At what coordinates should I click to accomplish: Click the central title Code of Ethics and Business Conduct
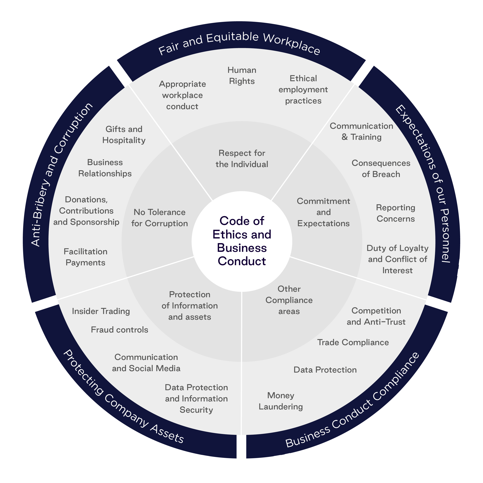click(x=242, y=241)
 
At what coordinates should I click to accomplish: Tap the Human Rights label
click(x=242, y=76)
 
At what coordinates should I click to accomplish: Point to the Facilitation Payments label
click(x=85, y=257)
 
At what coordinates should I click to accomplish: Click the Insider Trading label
click(x=101, y=311)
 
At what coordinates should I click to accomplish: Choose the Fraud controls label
click(x=120, y=330)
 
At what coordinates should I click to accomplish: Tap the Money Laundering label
click(x=281, y=401)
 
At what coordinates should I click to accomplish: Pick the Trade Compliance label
click(x=353, y=342)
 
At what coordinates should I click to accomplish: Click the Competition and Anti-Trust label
click(x=376, y=316)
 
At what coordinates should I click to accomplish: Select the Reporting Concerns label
click(x=396, y=213)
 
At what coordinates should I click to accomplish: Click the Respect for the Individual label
click(x=242, y=159)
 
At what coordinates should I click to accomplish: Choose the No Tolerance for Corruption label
click(x=160, y=218)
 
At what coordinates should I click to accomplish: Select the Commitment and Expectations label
click(x=323, y=212)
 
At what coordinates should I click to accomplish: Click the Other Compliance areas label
click(x=289, y=300)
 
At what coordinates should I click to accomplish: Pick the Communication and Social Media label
click(x=146, y=363)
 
